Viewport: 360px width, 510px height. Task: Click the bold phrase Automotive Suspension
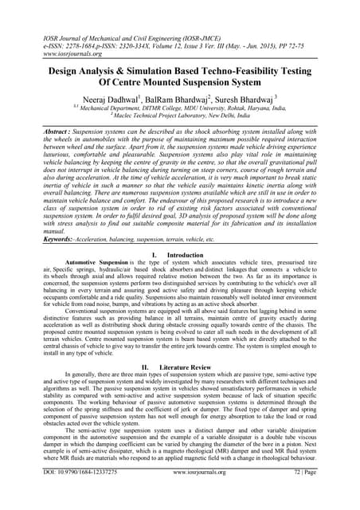pyautogui.click(x=96, y=239)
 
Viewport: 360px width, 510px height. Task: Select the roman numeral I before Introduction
pyautogui.click(x=151, y=231)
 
